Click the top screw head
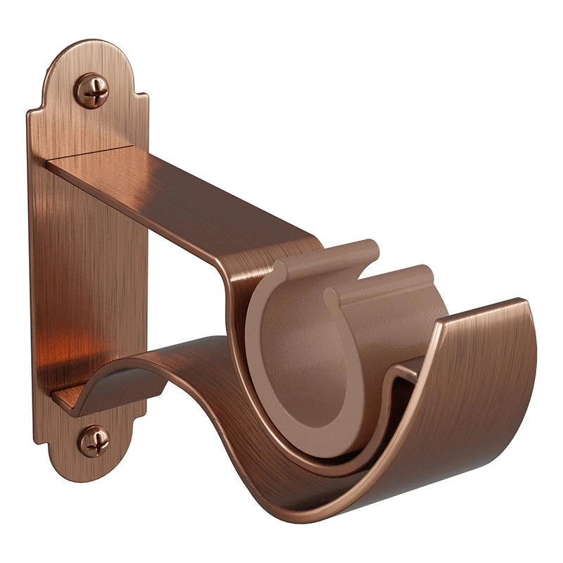pyautogui.click(x=92, y=91)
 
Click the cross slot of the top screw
pyautogui.click(x=92, y=91)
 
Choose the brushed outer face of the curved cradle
pyautogui.click(x=457, y=401)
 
